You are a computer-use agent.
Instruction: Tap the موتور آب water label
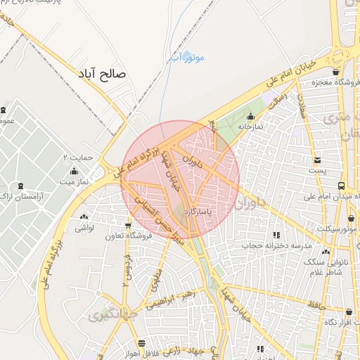188,57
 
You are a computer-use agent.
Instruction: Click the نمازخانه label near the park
250,127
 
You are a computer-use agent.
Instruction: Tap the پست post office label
318,171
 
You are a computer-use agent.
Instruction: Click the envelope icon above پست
317,160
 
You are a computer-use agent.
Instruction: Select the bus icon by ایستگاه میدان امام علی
341,186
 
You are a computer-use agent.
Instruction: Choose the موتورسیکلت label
337,229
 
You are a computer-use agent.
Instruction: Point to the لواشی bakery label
84,228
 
